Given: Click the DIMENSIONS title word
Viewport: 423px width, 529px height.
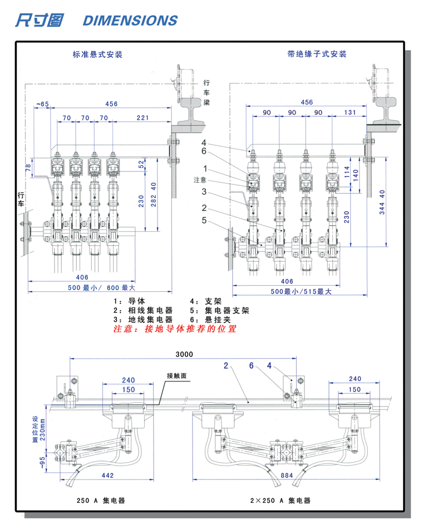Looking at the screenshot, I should (x=130, y=21).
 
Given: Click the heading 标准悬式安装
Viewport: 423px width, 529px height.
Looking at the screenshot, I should (x=97, y=55).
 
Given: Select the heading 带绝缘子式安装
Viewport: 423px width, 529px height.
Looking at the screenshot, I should (x=317, y=54).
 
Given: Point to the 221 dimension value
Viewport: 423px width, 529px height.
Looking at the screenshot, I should (x=143, y=118).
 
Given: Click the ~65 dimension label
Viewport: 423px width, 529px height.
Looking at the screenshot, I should (x=42, y=104).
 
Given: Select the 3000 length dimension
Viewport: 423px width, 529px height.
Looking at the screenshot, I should (x=184, y=355).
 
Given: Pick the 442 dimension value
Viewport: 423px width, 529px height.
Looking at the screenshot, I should (x=107, y=476).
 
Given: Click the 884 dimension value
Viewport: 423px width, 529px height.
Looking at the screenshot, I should (x=287, y=476).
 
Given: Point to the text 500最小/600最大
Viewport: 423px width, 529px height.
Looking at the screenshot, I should (x=98, y=287).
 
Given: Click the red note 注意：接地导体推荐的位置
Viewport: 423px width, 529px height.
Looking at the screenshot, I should (x=175, y=329).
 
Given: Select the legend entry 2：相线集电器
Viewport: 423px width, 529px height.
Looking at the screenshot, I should (x=142, y=310).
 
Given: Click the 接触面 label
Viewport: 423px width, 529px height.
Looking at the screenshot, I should (x=178, y=376).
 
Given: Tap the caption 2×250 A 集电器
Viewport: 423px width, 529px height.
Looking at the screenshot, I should (x=280, y=501).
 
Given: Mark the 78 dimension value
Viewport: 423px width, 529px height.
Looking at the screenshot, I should (x=28, y=168).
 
